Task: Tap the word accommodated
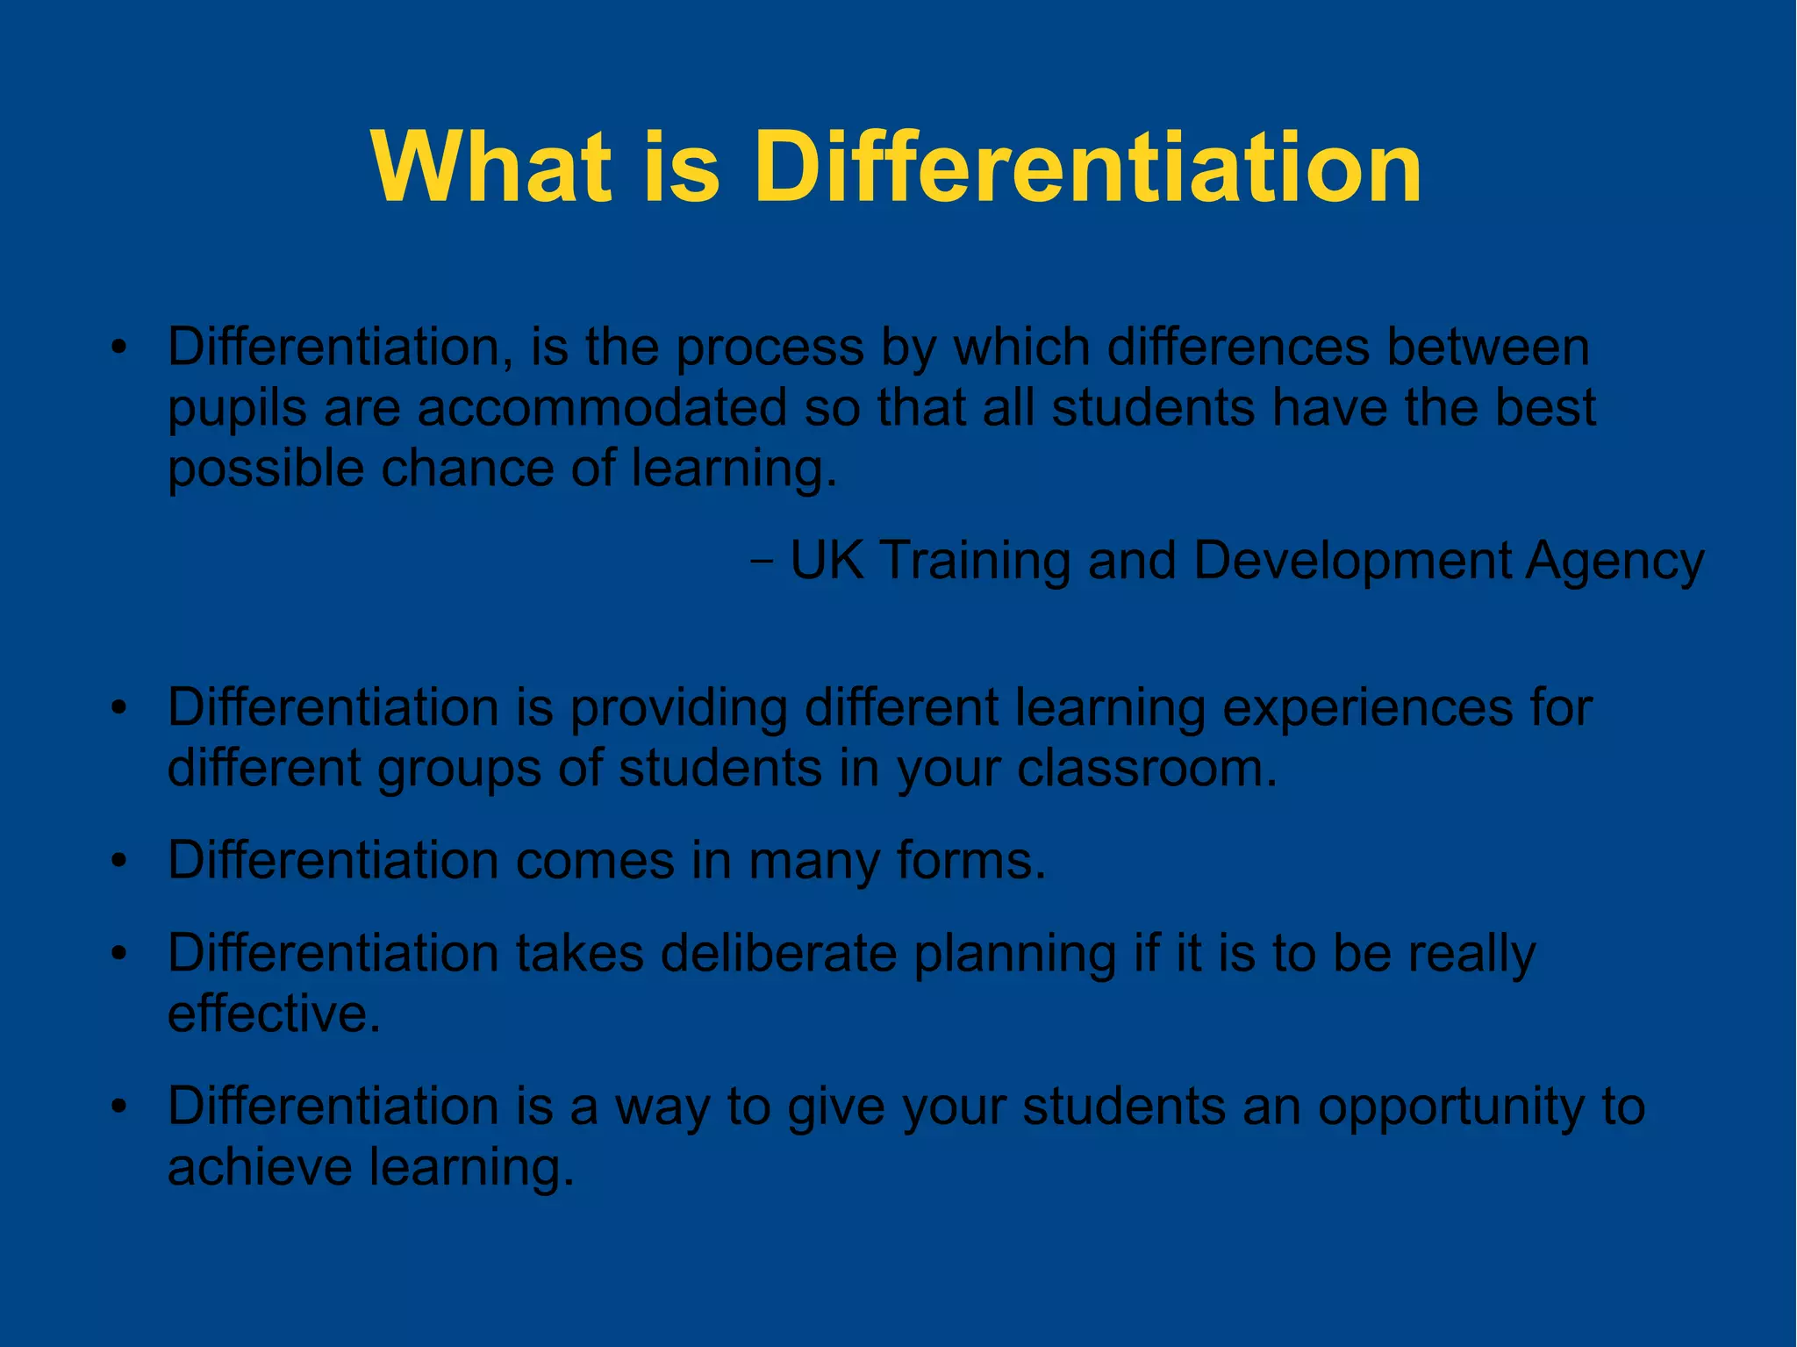[602, 408]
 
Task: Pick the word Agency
[1614, 562]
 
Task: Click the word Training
[974, 562]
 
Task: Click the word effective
[274, 1014]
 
